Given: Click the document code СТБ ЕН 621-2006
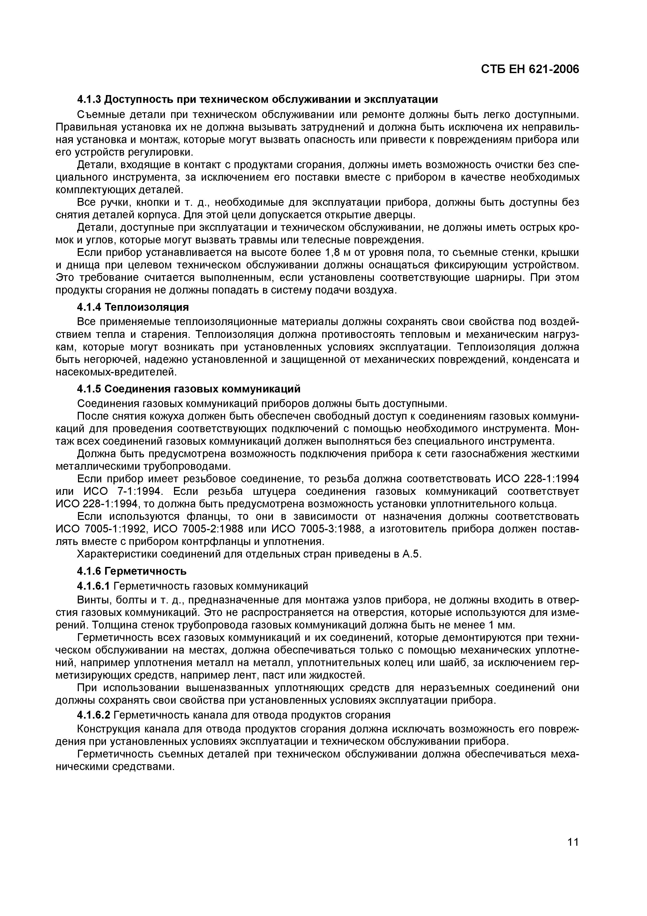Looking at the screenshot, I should [x=529, y=69].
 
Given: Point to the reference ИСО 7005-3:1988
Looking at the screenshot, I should [x=316, y=529].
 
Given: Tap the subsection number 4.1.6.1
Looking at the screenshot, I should [x=93, y=586].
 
